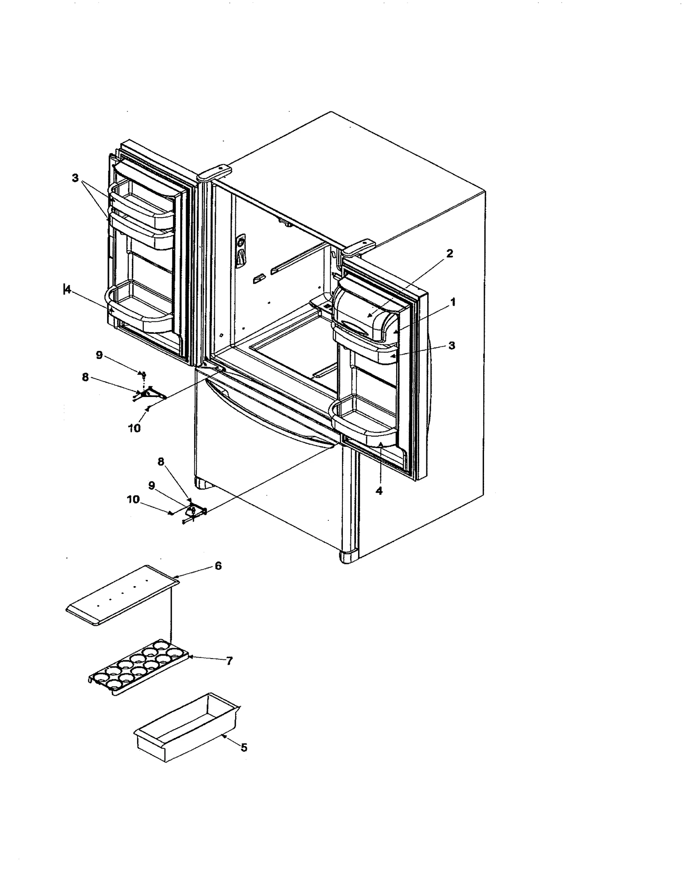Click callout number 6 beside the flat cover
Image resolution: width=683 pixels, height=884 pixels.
coord(218,566)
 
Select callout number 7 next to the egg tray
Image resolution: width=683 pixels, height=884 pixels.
coord(229,661)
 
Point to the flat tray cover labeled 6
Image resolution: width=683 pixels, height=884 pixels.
coord(122,596)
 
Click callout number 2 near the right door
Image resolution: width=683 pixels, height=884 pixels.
coord(449,254)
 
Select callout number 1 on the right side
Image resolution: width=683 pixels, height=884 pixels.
coord(453,302)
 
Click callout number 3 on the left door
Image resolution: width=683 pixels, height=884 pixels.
coord(76,178)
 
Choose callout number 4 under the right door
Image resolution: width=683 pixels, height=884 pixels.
coord(379,491)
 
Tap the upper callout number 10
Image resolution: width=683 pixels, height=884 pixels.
coord(134,428)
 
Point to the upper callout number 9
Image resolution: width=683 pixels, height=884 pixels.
coord(99,355)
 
